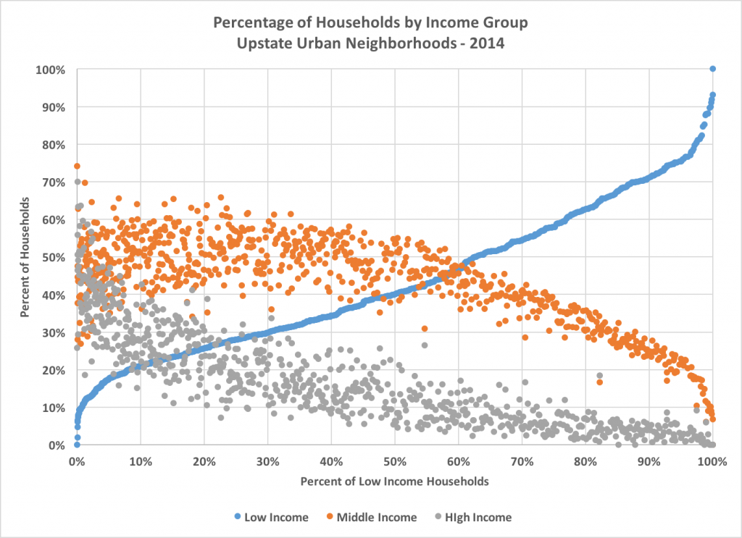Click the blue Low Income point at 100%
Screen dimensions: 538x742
click(712, 69)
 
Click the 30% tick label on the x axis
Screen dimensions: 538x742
click(267, 461)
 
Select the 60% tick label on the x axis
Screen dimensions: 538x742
click(458, 461)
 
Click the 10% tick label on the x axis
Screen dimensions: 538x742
click(141, 461)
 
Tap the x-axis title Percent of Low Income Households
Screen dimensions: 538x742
click(394, 480)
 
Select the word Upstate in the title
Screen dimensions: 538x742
click(259, 42)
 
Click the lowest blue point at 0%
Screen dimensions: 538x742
click(77, 444)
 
